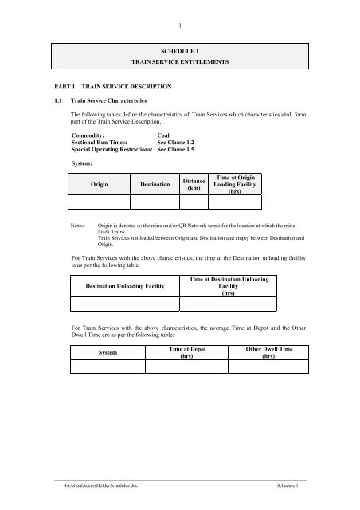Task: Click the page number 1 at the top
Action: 180,11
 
